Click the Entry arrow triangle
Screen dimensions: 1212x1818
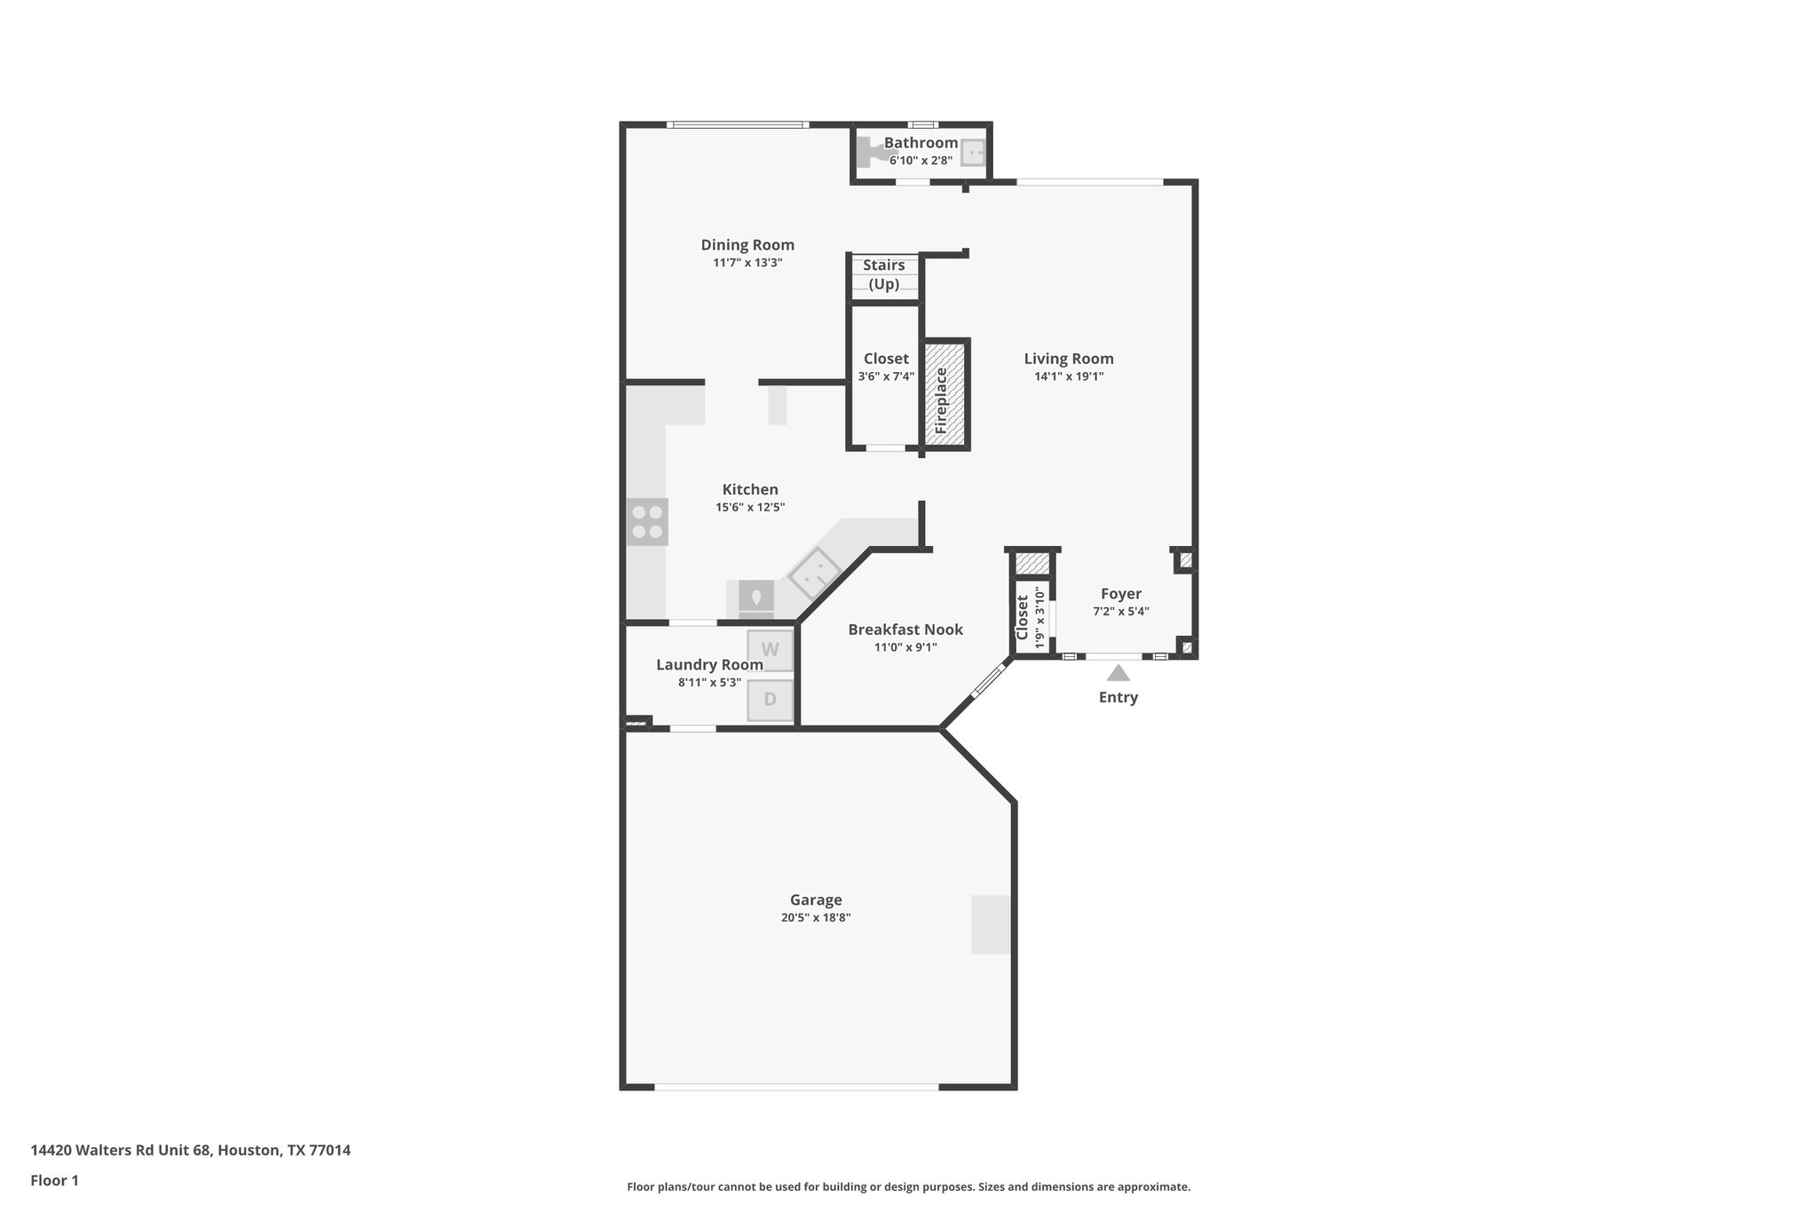1118,673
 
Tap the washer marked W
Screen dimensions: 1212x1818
770,650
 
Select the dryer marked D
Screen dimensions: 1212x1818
770,700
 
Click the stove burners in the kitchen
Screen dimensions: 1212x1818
647,522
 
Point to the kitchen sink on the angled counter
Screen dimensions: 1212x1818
814,573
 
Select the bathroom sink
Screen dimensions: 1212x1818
974,154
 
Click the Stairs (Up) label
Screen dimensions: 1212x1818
884,274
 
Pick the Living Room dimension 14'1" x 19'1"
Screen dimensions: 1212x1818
1069,376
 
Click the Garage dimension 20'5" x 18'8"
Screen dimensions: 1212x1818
816,918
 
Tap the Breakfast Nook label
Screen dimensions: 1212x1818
905,630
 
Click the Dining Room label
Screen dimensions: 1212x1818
747,245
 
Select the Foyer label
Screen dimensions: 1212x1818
1121,594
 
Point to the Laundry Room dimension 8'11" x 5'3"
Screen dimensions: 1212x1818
709,683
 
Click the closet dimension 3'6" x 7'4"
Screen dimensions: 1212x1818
886,376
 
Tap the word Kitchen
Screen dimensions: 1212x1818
750,489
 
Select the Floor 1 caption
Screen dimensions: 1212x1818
54,1181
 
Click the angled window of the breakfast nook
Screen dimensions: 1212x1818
987,681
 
